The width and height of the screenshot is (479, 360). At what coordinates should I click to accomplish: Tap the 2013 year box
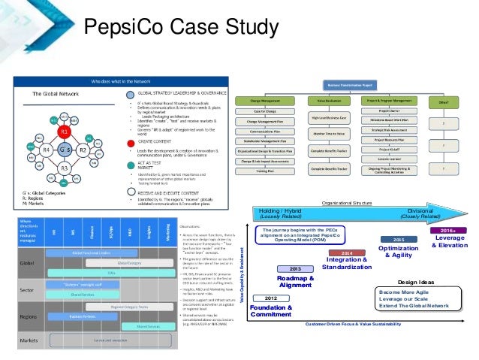pyautogui.click(x=296, y=268)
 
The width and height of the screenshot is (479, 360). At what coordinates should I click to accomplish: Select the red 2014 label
pyautogui.click(x=348, y=253)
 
